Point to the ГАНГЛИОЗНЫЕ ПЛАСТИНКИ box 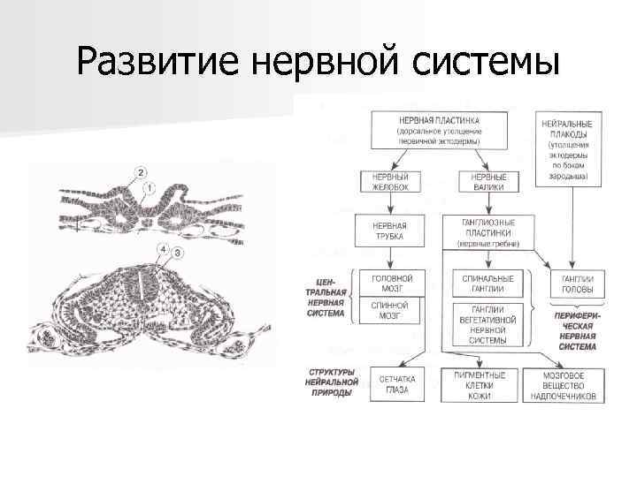click(x=488, y=231)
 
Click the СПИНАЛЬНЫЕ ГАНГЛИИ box click(x=488, y=283)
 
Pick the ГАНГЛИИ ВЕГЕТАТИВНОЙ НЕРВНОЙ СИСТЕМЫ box click(x=488, y=325)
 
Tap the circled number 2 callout click(x=142, y=170)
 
